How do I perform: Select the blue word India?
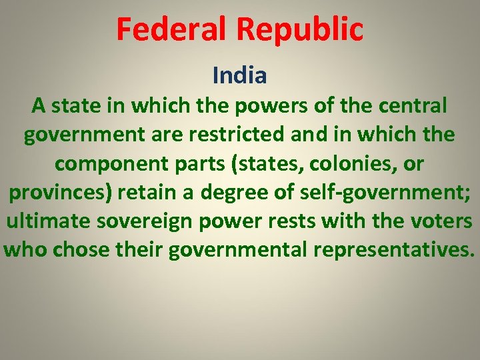[x=240, y=75]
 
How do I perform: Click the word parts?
[x=216, y=163]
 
